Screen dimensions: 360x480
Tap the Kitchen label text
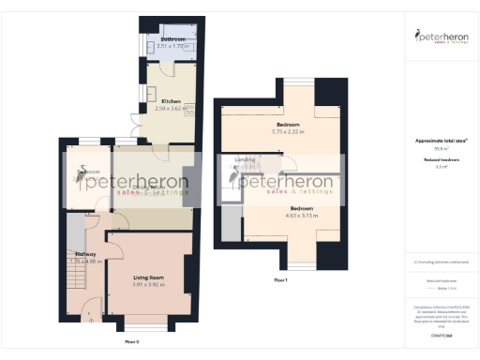(171, 101)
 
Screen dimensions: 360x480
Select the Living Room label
(149, 277)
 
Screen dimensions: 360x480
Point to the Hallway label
(85, 253)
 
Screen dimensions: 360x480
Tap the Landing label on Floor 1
(245, 160)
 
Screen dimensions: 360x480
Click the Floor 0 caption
(131, 341)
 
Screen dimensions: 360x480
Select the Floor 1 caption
(280, 280)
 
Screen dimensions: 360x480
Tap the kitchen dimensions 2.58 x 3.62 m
(172, 108)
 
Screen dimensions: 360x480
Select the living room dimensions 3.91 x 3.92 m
(149, 284)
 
